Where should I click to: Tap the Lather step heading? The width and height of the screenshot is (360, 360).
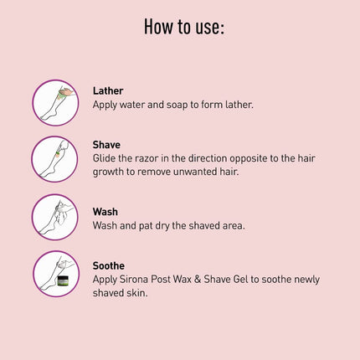click(110, 90)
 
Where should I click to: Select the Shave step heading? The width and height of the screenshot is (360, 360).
click(107, 144)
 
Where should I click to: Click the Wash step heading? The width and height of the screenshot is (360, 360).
click(105, 212)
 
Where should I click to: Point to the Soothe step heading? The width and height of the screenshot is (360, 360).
click(110, 265)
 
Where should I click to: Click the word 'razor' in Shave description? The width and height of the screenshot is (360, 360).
click(152, 157)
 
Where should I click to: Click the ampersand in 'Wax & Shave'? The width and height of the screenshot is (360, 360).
click(206, 279)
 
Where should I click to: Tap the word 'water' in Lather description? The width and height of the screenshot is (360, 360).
click(135, 105)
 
